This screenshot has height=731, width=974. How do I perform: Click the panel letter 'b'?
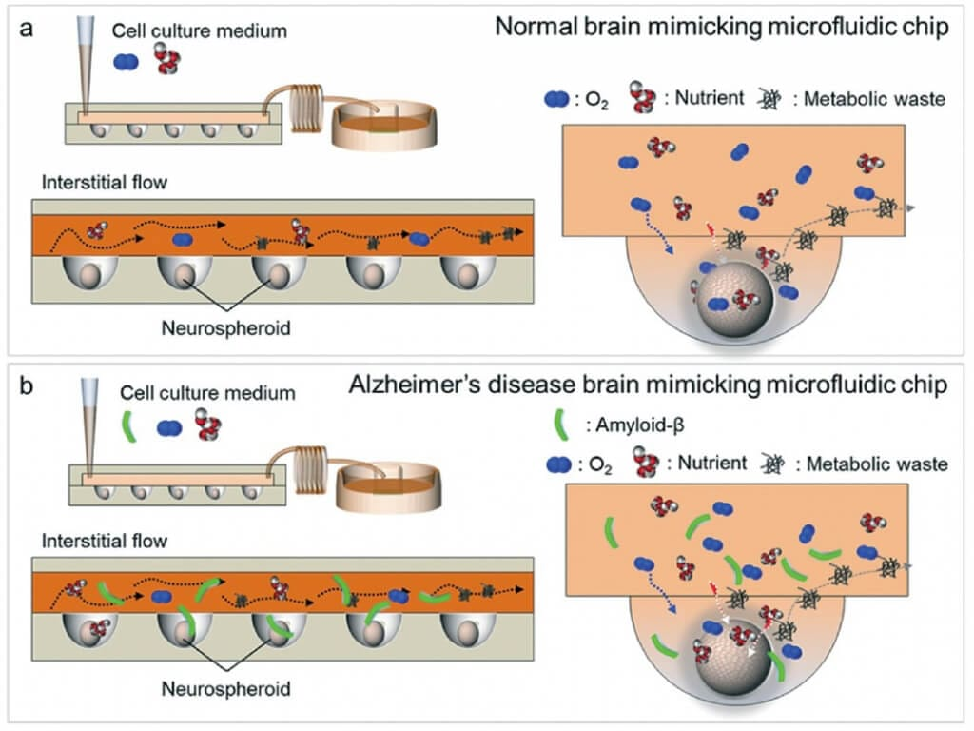tap(29, 385)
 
